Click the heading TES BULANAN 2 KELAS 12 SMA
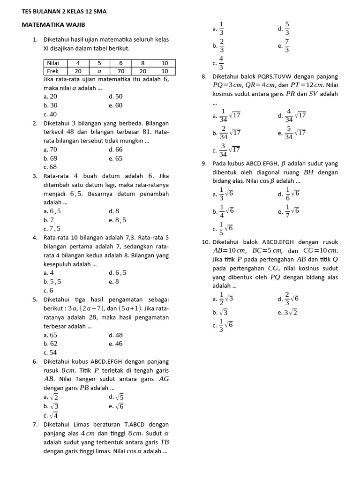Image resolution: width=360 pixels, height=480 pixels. tap(64, 11)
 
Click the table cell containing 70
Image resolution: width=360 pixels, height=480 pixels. tap(120, 71)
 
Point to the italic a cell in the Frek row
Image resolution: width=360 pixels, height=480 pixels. tap(99, 71)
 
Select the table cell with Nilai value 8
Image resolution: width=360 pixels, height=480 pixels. tap(142, 63)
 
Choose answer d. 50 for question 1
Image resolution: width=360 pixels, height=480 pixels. tap(115, 97)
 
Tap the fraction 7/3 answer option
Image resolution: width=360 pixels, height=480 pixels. tap(284, 46)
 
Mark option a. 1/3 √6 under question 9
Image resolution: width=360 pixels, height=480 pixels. tap(223, 194)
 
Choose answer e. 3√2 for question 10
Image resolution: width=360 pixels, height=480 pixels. tap(287, 313)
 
